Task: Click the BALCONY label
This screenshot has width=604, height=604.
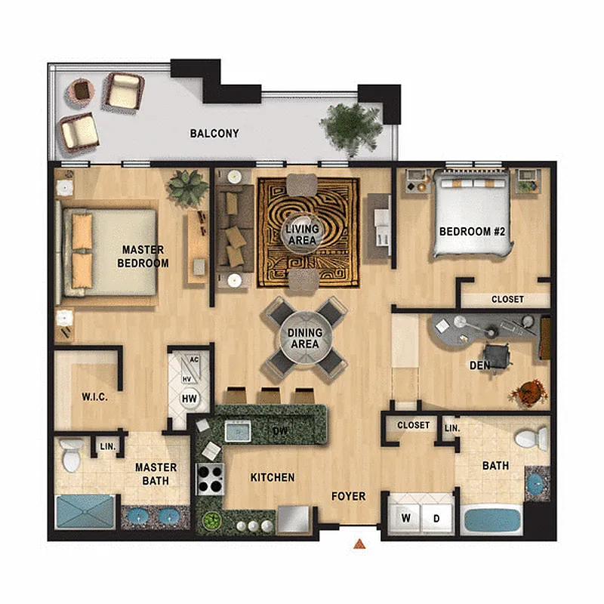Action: click(x=214, y=134)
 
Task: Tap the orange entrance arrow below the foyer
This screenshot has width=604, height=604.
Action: click(x=359, y=544)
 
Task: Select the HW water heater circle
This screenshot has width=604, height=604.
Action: click(x=190, y=399)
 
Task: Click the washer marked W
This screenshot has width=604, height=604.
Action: click(x=405, y=518)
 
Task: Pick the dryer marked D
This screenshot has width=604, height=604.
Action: click(x=437, y=518)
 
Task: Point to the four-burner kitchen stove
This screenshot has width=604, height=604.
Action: click(x=211, y=479)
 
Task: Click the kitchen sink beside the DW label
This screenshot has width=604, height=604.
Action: click(x=238, y=430)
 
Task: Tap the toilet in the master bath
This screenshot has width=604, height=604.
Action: click(x=71, y=455)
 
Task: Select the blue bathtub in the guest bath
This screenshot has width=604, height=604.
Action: click(x=492, y=519)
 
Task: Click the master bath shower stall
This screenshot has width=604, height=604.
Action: click(x=85, y=512)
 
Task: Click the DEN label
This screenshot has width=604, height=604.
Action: click(x=479, y=365)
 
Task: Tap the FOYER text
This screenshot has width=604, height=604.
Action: click(x=349, y=496)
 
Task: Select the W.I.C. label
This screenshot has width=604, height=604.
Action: click(x=94, y=397)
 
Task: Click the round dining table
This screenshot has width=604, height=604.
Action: click(x=306, y=337)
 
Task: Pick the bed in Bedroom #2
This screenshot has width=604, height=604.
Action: click(x=473, y=213)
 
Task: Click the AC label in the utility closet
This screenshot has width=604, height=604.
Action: click(x=194, y=360)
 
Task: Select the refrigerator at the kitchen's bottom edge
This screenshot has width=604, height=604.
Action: click(x=294, y=519)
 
